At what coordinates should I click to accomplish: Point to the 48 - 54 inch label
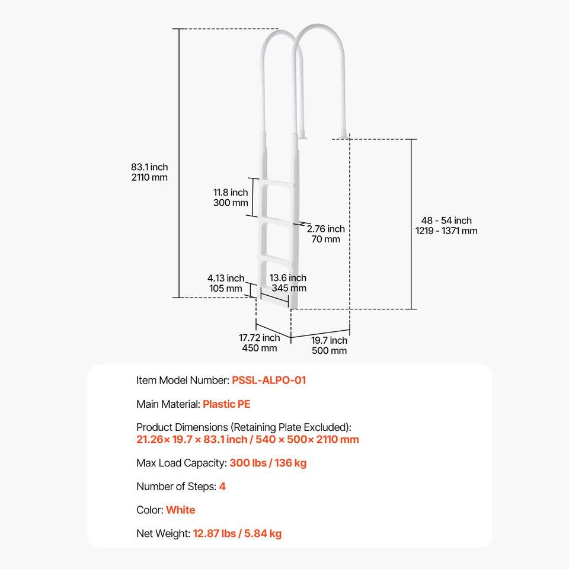coord(446,220)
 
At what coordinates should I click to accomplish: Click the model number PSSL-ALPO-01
coord(269,381)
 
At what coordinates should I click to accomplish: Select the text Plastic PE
coord(226,404)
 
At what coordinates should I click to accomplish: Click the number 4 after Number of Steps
coord(222,487)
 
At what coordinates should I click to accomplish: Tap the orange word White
coord(180,510)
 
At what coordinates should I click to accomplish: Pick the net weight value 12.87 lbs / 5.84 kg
coord(237,533)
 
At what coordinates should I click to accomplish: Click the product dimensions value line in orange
coord(248,439)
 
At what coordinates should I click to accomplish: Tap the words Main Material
coord(167,404)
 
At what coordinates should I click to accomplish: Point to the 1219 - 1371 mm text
coord(446,231)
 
